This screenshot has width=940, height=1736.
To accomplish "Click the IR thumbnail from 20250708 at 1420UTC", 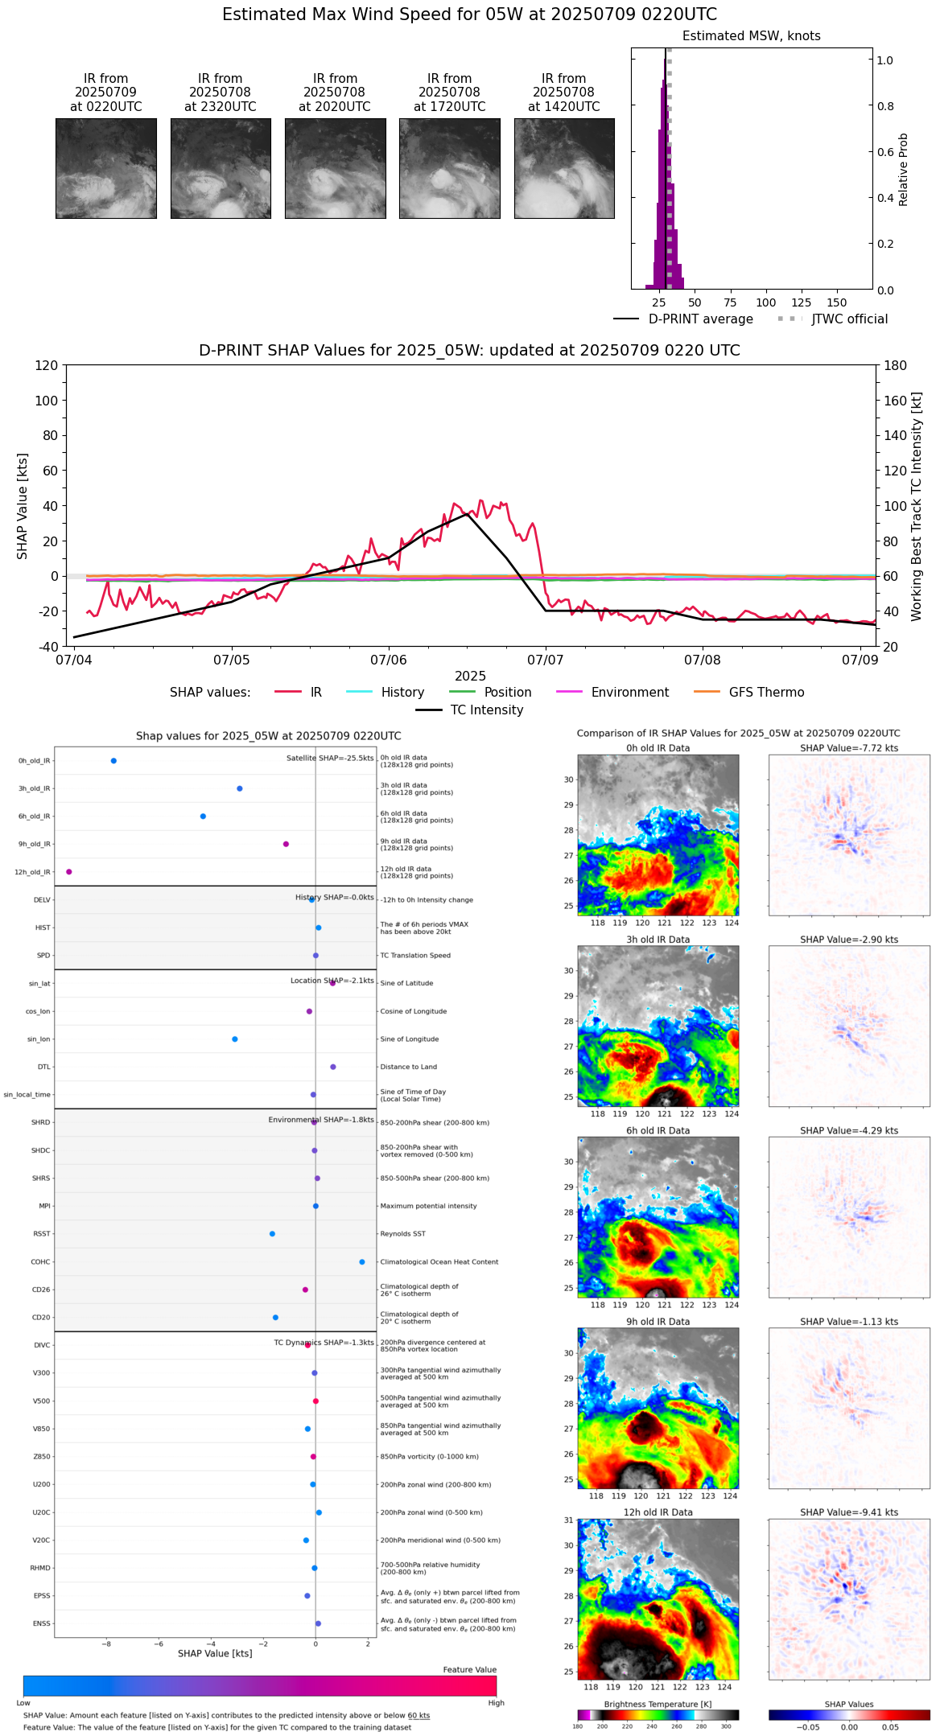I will coord(564,168).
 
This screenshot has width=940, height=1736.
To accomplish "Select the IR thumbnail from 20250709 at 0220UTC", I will coord(106,168).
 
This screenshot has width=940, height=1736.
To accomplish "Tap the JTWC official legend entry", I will coord(849,319).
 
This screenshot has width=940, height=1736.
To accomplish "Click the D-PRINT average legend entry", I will coord(700,319).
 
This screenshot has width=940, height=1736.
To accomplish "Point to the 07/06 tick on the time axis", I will coord(389,660).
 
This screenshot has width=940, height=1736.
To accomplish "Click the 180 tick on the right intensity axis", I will coord(896,366).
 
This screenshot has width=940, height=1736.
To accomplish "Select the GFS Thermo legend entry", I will coord(766,693).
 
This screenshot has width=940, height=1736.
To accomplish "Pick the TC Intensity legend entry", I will coord(486,710).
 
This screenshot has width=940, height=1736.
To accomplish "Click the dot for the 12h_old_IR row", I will coord(69,872).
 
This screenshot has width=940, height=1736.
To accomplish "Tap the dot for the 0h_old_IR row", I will coord(113,761).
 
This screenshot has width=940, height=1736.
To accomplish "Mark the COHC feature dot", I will coord(362,1262).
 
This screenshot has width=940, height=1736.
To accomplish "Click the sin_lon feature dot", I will coord(235,1039).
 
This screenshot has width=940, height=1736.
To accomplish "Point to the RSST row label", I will coord(42,1234).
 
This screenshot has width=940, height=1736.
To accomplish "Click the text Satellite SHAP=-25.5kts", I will coord(330,759).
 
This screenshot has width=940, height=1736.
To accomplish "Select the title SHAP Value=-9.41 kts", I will coord(849,1512).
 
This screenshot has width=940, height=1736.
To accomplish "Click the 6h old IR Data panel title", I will coord(658,1131).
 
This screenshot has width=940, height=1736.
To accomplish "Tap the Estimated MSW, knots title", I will coord(752,36).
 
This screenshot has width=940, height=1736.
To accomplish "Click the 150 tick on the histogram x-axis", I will coord(837,303).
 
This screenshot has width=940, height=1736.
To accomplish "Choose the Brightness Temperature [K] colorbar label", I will coord(658,1705).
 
